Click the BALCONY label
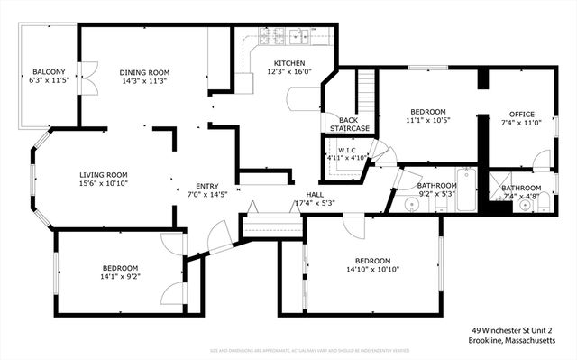[48, 72]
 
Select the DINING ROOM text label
[143, 72]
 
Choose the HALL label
[314, 194]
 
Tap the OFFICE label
[522, 114]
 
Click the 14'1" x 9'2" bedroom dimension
[119, 278]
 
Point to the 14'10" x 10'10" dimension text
[372, 269]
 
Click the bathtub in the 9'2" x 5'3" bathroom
[465, 189]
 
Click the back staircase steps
[366, 90]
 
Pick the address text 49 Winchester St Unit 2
[518, 330]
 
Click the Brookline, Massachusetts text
[518, 341]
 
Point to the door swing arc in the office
[542, 161]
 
